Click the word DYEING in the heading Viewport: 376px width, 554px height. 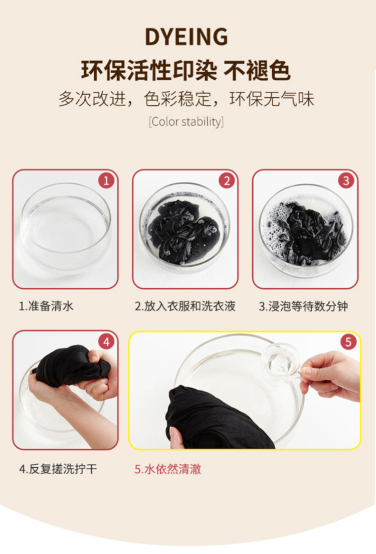(x=186, y=37)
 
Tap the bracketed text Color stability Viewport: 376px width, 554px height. (x=186, y=121)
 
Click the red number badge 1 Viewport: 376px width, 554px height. (x=106, y=181)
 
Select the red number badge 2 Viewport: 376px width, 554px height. (x=227, y=181)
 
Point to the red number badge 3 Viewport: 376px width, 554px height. (x=346, y=181)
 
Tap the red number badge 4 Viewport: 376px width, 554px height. (x=106, y=341)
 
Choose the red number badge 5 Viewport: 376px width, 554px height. (x=348, y=341)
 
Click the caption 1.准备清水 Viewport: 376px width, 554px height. (x=46, y=306)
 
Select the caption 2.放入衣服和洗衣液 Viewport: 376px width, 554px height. (x=185, y=306)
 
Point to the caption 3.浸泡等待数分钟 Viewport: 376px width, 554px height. (x=303, y=306)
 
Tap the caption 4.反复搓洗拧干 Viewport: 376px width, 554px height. (x=58, y=469)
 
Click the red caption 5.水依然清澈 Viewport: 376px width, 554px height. (x=168, y=469)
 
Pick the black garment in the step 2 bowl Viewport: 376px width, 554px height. (x=185, y=230)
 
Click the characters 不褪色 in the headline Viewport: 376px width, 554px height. (x=257, y=71)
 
